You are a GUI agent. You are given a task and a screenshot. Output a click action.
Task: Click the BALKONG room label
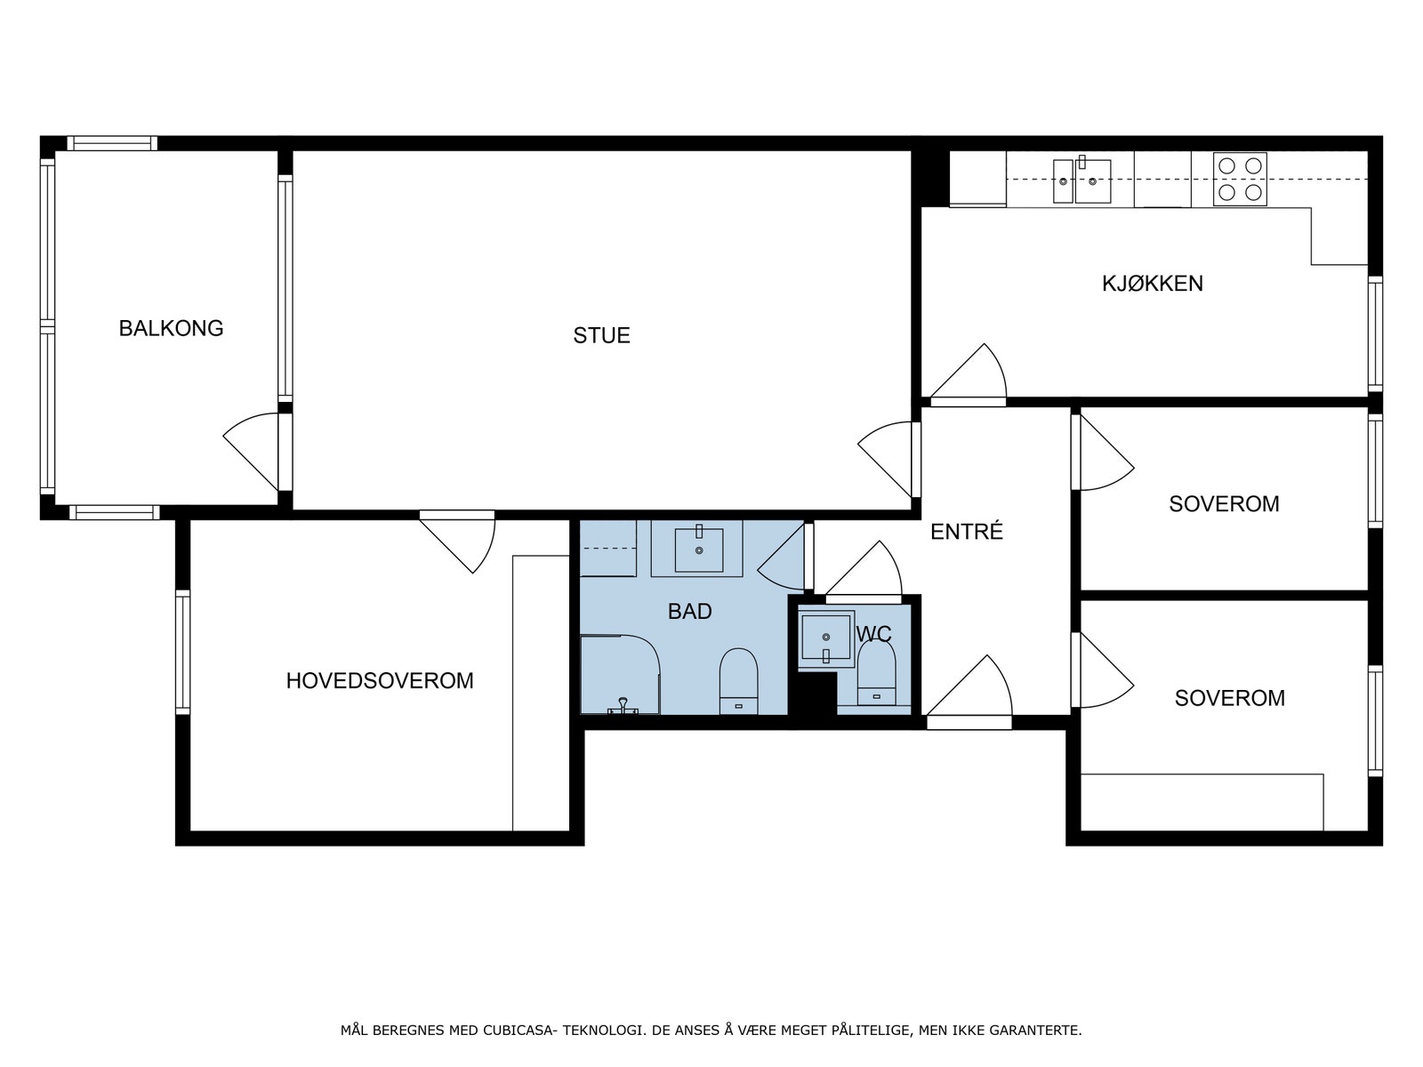pos(171,328)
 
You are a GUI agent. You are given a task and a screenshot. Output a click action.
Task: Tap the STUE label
pos(601,335)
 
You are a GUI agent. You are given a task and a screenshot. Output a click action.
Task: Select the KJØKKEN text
pos(1152,284)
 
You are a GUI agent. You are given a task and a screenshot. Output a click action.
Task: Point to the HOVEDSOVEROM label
pos(380,681)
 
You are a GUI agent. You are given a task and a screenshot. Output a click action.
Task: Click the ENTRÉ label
pos(966,531)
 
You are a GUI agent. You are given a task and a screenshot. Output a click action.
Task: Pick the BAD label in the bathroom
pos(690,612)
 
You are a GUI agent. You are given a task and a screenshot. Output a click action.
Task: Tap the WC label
pos(874,634)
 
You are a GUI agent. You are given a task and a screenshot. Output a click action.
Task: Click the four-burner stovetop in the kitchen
pos(1240,180)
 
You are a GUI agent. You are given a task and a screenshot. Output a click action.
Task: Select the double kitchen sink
pos(1081,181)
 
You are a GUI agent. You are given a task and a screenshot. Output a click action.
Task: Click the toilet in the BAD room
pos(738,681)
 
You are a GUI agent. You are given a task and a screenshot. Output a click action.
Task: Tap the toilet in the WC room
pos(877,672)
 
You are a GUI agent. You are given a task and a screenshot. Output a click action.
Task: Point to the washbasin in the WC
pos(826,638)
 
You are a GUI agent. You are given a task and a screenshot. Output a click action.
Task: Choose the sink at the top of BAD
pos(698,550)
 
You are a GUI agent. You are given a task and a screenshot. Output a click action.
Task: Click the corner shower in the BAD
pos(620,674)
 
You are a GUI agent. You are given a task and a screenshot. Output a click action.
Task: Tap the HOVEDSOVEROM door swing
pos(458,542)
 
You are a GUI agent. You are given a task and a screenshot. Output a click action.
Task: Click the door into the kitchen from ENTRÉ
pos(968,375)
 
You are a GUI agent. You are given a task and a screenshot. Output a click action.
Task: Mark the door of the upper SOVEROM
pos(1102,452)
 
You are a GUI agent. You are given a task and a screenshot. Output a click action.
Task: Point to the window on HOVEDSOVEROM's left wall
pos(183,653)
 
